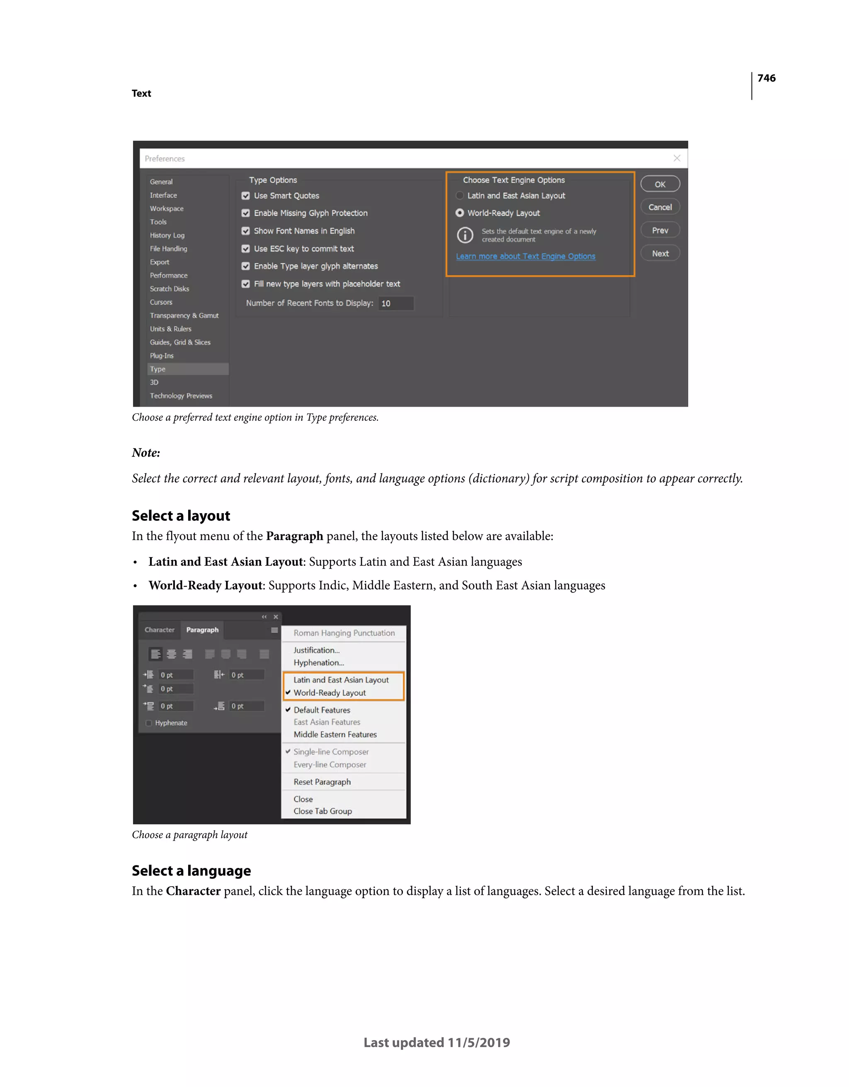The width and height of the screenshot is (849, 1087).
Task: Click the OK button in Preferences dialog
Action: [660, 184]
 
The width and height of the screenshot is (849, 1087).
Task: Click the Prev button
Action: [660, 230]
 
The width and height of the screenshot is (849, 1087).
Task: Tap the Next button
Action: [660, 253]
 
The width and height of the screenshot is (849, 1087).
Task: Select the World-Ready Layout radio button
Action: [460, 213]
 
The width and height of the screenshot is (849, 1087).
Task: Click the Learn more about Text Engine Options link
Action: [525, 256]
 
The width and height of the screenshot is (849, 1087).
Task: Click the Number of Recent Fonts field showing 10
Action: [396, 303]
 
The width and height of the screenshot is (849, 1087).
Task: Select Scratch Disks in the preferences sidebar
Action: [170, 289]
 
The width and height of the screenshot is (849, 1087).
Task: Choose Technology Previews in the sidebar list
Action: [181, 396]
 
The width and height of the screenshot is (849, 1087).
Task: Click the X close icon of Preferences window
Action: [677, 158]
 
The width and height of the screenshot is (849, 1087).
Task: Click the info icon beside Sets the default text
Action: [465, 235]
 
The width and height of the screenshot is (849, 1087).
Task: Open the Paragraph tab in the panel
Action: [202, 630]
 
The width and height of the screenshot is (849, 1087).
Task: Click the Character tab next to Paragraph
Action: [159, 630]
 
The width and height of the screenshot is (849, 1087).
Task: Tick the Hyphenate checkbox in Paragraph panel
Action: [148, 723]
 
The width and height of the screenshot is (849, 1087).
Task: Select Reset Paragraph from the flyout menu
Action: [322, 782]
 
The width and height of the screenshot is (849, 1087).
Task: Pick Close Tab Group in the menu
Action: [322, 811]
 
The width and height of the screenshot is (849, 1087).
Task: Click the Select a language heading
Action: [191, 870]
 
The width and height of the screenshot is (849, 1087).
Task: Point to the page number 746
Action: [766, 78]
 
